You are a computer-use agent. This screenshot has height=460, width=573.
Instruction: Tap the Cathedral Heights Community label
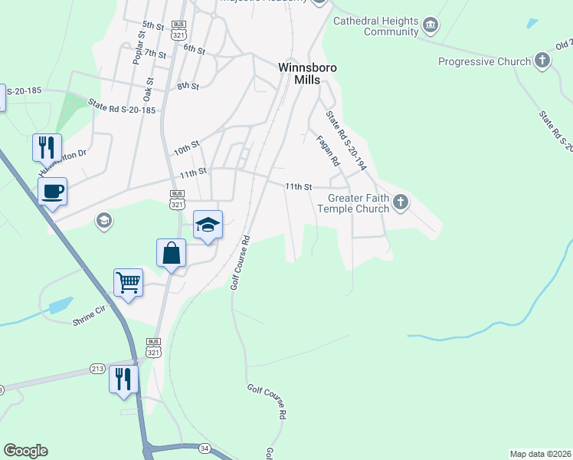(374, 26)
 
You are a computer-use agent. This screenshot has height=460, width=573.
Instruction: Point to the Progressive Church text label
(484, 61)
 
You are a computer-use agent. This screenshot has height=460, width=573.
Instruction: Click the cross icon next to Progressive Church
(543, 61)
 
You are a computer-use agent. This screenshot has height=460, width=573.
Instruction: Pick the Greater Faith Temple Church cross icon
(400, 203)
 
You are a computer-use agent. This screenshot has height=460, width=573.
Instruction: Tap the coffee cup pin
(52, 191)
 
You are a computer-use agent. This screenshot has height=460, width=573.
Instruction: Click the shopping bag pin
(172, 252)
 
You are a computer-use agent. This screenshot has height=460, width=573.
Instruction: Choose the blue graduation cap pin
(208, 225)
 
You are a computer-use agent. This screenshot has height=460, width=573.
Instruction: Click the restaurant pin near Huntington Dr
(47, 146)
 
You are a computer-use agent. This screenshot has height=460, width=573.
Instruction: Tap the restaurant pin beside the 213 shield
(123, 378)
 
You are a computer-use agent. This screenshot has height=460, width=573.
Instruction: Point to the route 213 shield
(97, 368)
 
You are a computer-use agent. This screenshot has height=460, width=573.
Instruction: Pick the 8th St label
(188, 87)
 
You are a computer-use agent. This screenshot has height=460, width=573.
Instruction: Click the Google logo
(25, 451)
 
